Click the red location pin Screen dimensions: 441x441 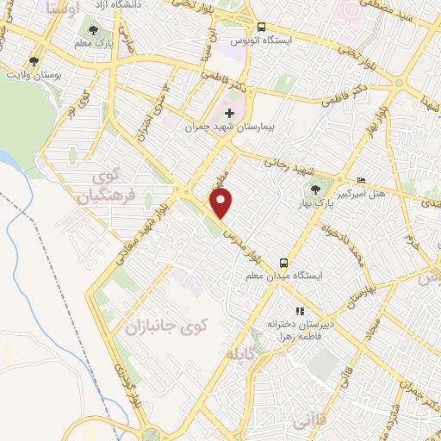coord(222,205)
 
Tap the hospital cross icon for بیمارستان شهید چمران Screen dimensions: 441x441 coord(229,113)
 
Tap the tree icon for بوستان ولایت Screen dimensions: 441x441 coord(34,61)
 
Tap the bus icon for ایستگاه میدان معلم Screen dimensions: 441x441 coord(283,262)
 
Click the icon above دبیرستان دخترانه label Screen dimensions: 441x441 coord(299,311)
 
